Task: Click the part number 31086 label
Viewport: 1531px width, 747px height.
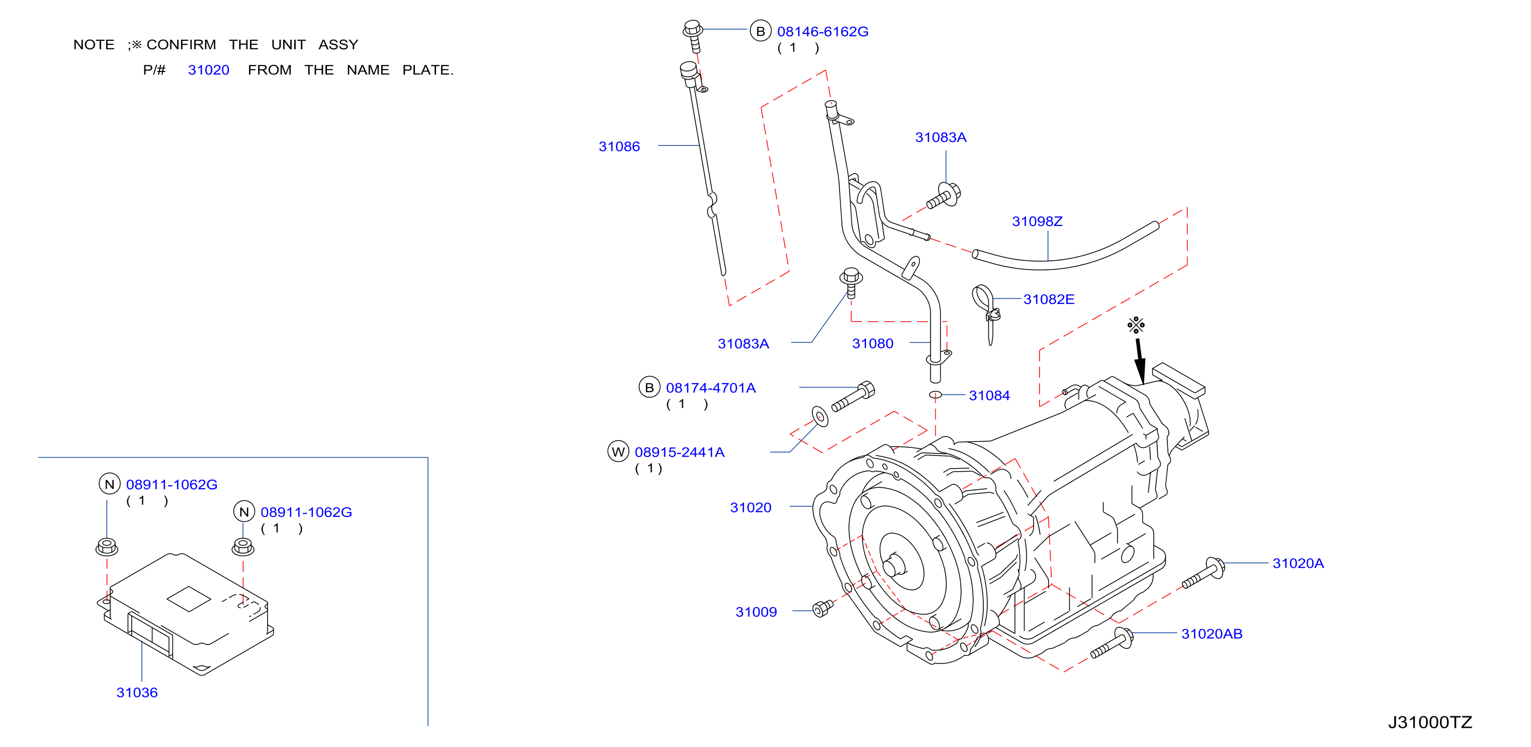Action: point(619,146)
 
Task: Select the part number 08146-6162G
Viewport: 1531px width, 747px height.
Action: point(822,32)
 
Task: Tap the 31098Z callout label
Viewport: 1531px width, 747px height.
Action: point(1037,221)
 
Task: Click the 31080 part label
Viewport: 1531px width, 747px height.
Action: point(873,343)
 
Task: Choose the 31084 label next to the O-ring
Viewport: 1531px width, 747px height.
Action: point(989,396)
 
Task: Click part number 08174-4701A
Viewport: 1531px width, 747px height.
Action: point(711,388)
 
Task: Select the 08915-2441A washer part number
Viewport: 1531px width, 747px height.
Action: point(679,452)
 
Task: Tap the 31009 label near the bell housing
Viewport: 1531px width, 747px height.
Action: point(756,612)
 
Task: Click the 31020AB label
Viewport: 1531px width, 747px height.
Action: point(1212,634)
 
